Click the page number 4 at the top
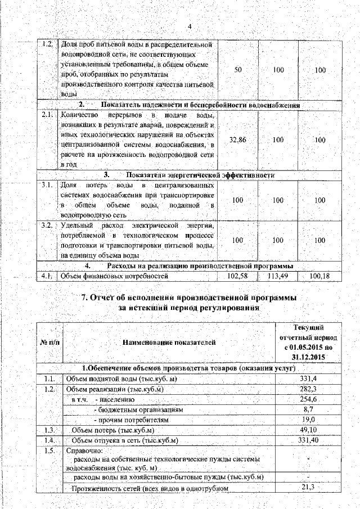point(189,27)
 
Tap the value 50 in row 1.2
point(237,69)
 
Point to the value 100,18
point(319,276)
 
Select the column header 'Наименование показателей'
point(169,341)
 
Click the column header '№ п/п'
point(49,341)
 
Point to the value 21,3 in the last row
point(307,487)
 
